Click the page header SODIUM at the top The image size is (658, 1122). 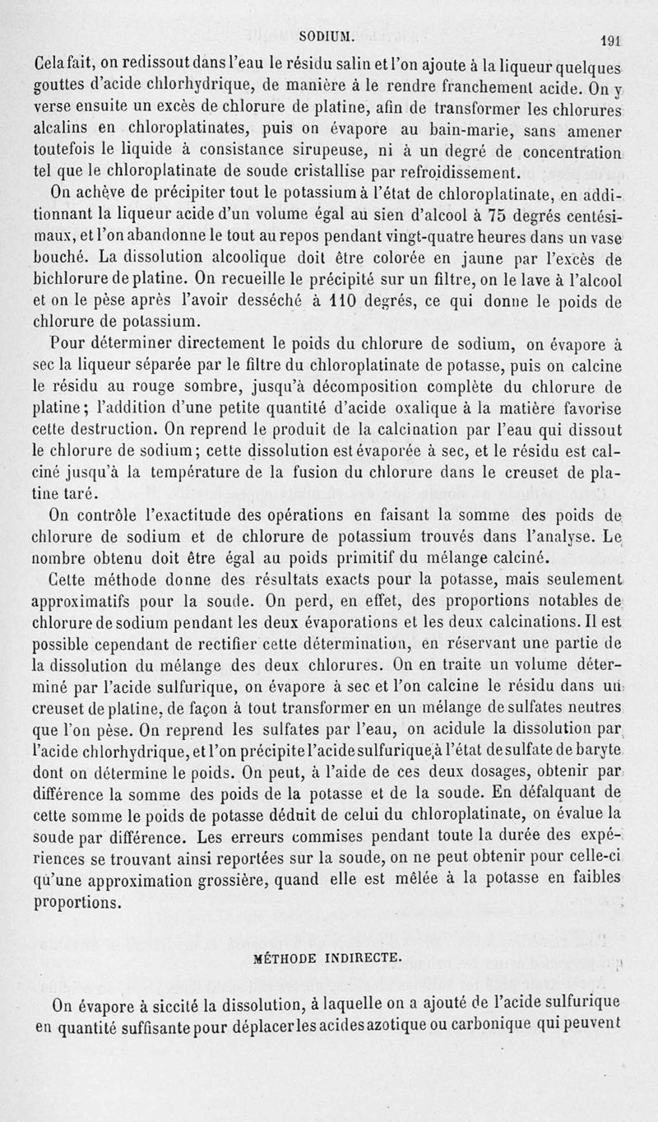tap(327, 35)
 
